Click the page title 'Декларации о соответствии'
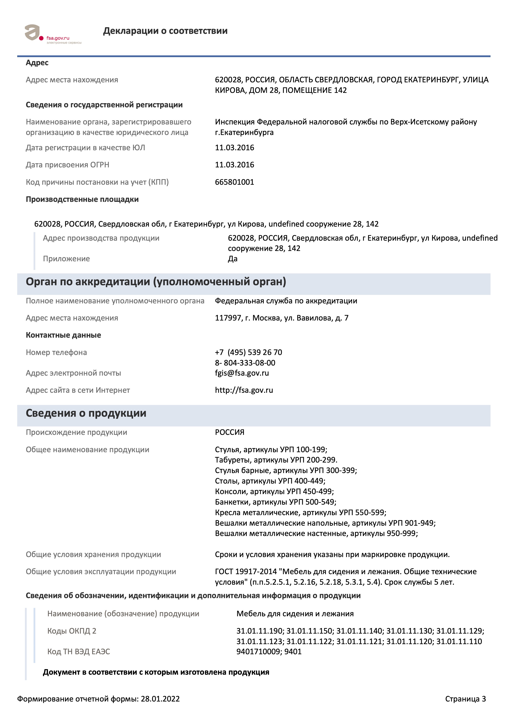[x=165, y=31]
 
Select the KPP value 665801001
[x=234, y=182]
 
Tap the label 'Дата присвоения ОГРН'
[x=68, y=165]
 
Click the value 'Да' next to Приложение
[x=233, y=259]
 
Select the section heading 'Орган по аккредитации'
[x=156, y=282]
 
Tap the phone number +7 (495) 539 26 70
[x=248, y=352]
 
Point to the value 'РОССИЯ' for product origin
[x=230, y=432]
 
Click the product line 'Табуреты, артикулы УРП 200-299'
[x=276, y=460]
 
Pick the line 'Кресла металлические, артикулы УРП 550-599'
[x=300, y=512]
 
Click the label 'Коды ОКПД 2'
[x=72, y=631]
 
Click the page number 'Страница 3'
[x=465, y=699]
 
